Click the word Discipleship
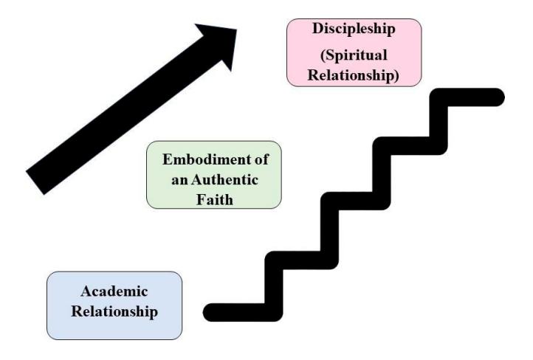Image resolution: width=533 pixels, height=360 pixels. (354, 29)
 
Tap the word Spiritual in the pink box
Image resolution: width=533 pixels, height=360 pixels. (356, 55)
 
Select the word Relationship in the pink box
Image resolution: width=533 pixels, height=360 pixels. (351, 75)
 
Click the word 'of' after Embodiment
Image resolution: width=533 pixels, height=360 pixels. (260, 159)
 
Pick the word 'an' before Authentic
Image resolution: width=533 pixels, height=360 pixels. (179, 180)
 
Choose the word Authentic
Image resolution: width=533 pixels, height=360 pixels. (224, 179)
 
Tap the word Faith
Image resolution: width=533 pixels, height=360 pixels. (215, 199)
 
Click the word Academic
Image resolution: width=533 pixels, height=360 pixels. (114, 291)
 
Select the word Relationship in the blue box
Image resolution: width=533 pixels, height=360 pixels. (114, 312)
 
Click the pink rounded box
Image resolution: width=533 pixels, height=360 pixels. (354, 52)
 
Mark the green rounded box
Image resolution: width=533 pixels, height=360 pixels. (214, 175)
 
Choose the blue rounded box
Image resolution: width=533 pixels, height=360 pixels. (114, 305)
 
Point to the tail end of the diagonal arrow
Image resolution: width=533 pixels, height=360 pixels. (35, 184)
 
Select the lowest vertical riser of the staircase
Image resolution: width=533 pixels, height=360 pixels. (274, 286)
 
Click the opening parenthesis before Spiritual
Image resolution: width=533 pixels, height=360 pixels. (323, 56)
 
